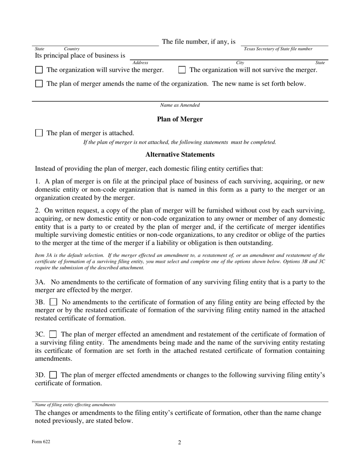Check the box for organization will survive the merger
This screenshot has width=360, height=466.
pos(39,70)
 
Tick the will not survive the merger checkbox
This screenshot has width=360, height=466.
pos(182,70)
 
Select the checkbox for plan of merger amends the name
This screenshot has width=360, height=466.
pos(39,84)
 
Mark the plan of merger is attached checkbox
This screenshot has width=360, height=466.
pos(39,133)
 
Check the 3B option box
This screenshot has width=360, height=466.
pos(53,302)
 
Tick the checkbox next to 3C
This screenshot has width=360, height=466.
pos(53,335)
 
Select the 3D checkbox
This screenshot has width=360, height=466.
pos(53,375)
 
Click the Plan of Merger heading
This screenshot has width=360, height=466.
pos(180,119)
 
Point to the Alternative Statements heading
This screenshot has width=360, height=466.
pos(180,155)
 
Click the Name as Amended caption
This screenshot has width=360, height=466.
pos(180,105)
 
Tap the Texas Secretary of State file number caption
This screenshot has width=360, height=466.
pos(278,49)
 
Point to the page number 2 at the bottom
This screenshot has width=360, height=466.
pos(180,443)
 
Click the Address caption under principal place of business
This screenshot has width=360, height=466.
pos(140,63)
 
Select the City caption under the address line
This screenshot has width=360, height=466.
pos(240,63)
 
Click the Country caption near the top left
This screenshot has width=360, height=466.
pos(72,49)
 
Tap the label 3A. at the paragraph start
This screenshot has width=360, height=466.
pos(41,282)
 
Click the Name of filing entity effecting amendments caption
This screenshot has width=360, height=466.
pos(75,405)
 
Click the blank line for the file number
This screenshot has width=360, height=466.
pos(284,44)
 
